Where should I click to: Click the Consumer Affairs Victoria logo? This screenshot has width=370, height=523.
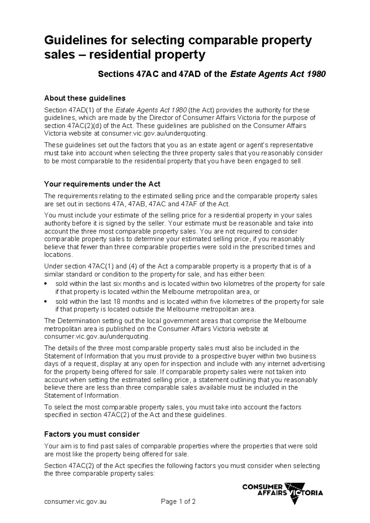282,493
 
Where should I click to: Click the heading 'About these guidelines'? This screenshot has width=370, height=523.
85,98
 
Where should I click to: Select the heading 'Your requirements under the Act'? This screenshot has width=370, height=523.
102,184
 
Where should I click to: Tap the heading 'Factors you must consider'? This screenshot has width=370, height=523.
92,434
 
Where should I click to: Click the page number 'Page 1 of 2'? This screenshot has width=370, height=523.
178,501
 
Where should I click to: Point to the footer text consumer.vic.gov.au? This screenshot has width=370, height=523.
75,501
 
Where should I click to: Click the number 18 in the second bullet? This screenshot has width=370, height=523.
117,302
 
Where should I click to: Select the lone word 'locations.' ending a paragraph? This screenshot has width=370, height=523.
59,255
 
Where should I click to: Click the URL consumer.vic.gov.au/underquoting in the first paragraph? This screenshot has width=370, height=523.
153,134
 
